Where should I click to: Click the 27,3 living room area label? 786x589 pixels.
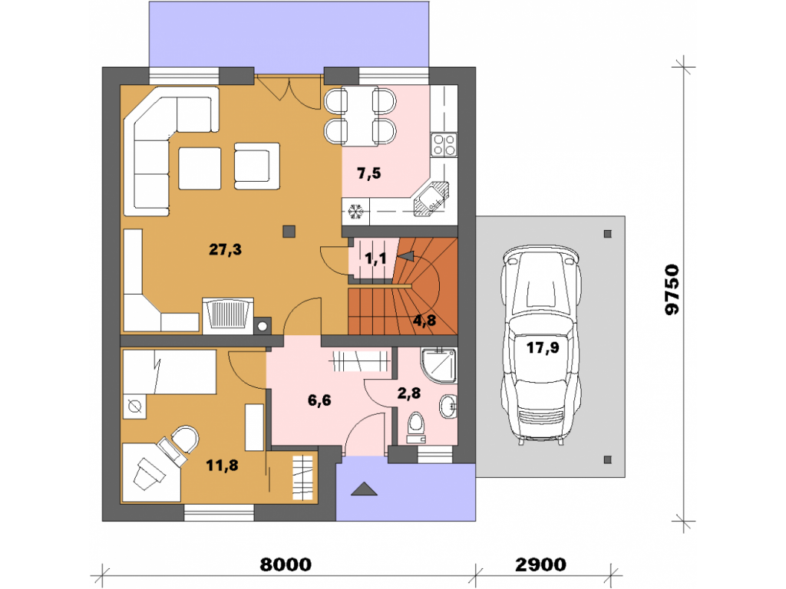pyautogui.click(x=225, y=249)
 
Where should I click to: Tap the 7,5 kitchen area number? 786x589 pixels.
pyautogui.click(x=368, y=173)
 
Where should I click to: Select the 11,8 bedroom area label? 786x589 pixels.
pyautogui.click(x=222, y=466)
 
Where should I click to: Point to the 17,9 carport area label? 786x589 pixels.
pyautogui.click(x=543, y=347)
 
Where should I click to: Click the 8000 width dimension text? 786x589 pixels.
pyautogui.click(x=286, y=564)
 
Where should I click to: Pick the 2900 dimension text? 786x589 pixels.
pyautogui.click(x=541, y=564)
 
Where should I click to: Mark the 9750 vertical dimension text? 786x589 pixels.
pyautogui.click(x=672, y=290)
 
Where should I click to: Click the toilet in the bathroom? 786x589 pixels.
pyautogui.click(x=415, y=428)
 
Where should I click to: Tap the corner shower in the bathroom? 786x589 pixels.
pyautogui.click(x=438, y=366)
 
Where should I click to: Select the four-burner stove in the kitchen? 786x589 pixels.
pyautogui.click(x=444, y=145)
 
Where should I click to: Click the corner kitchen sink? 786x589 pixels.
pyautogui.click(x=431, y=199)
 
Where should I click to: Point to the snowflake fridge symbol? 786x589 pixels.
pyautogui.click(x=355, y=212)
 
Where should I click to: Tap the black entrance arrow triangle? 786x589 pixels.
pyautogui.click(x=364, y=489)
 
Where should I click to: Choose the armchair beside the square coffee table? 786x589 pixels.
pyautogui.click(x=256, y=166)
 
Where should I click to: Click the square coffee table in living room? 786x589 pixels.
pyautogui.click(x=200, y=168)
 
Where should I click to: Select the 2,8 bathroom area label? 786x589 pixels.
pyautogui.click(x=409, y=393)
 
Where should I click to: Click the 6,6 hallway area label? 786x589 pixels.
pyautogui.click(x=319, y=400)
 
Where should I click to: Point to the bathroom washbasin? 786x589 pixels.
pyautogui.click(x=448, y=406)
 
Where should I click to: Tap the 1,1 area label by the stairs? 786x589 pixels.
pyautogui.click(x=375, y=258)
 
